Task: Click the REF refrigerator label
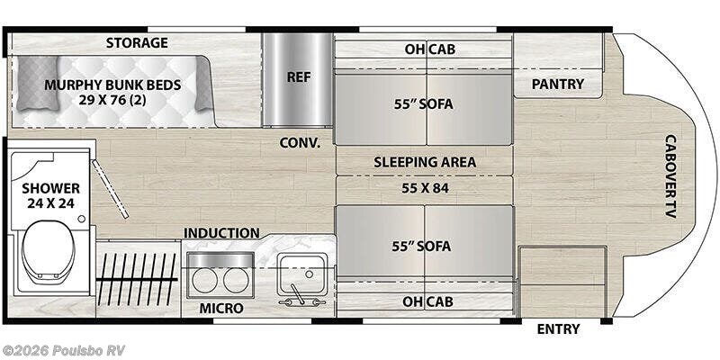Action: click(x=299, y=76)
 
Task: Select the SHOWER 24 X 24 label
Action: click(x=50, y=195)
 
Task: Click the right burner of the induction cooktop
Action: click(x=236, y=281)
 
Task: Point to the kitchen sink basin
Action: click(x=303, y=274)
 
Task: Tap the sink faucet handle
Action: click(x=296, y=294)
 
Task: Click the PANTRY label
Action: click(x=557, y=84)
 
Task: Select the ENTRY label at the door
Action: click(x=558, y=328)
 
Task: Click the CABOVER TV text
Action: click(x=670, y=175)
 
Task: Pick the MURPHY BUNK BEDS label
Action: click(x=112, y=85)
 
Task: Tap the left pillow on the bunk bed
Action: click(x=38, y=84)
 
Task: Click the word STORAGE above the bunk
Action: click(x=137, y=43)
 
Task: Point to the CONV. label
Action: click(x=300, y=143)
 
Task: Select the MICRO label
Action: click(x=220, y=309)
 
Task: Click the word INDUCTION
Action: click(x=221, y=233)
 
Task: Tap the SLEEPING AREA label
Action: click(x=425, y=162)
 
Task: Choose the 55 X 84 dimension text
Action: click(x=425, y=188)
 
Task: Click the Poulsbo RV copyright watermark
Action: click(x=63, y=350)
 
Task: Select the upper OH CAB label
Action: click(x=430, y=49)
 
